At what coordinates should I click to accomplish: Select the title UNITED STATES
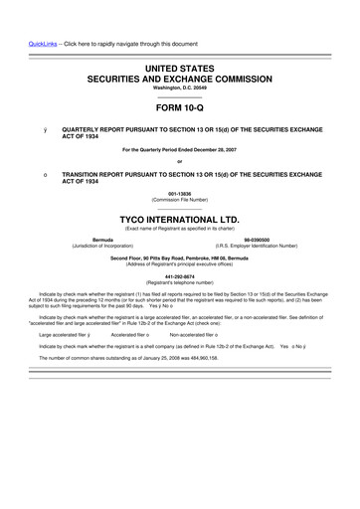pyautogui.click(x=180, y=64)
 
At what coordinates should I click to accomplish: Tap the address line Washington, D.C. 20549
pyautogui.click(x=180, y=86)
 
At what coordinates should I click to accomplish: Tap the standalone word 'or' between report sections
pyautogui.click(x=180, y=163)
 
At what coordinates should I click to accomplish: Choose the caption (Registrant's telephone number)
pyautogui.click(x=180, y=285)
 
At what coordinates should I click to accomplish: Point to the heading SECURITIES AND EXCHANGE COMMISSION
pyautogui.click(x=180, y=76)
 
